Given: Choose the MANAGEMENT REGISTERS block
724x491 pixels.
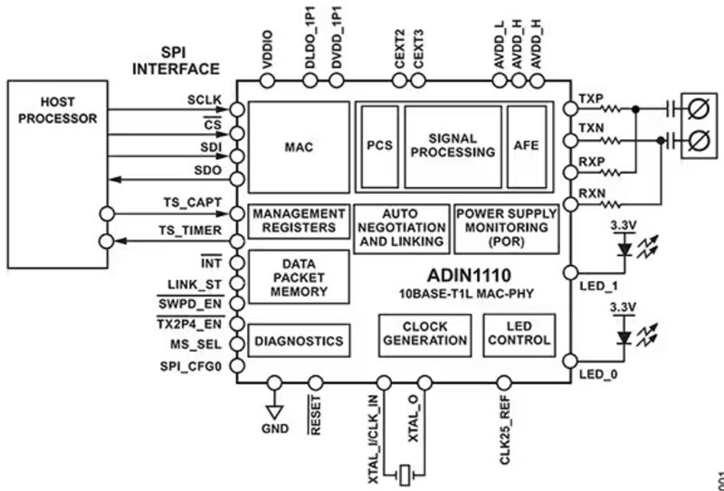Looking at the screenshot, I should point(299,221).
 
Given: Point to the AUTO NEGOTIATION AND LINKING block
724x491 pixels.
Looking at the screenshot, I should point(400,228).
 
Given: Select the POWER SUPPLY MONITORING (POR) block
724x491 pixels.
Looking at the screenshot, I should point(505,227).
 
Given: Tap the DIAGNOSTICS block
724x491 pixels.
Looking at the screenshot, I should point(299,341).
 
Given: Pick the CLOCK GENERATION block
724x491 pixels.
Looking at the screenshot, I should point(425,334).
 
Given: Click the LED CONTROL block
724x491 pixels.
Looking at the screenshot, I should point(518,334).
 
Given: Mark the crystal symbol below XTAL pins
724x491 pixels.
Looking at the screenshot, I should point(406,472).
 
